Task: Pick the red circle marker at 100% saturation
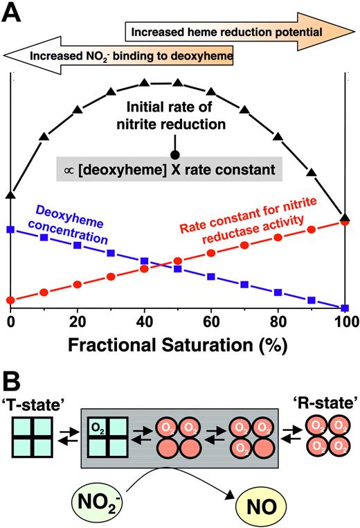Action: [x=345, y=222]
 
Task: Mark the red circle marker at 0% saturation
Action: [x=10, y=300]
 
